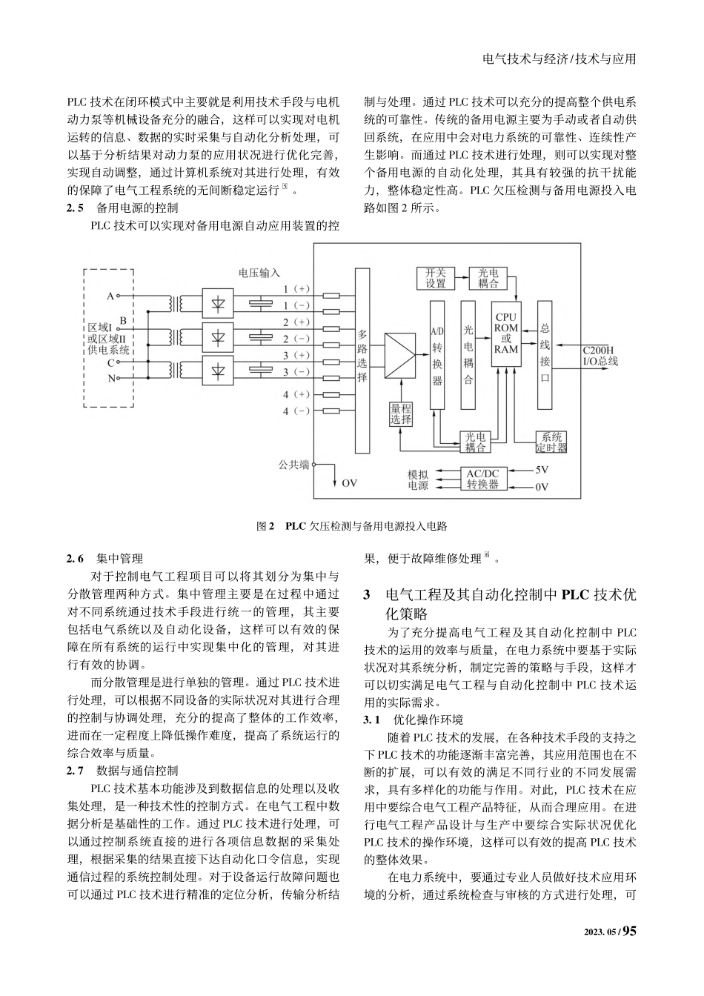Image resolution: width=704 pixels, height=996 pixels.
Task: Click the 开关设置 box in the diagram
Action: point(436,279)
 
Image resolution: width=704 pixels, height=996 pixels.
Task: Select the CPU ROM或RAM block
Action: point(506,333)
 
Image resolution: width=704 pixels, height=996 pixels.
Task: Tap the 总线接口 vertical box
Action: point(545,354)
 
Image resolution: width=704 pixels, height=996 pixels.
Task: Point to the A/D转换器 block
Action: point(437,354)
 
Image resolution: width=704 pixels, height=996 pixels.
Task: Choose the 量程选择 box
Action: point(401,414)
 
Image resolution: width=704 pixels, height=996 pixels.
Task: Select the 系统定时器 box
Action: point(551,442)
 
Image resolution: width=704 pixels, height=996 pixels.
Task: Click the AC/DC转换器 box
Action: point(482,479)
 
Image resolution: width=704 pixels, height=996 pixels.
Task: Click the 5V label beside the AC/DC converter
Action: point(542,469)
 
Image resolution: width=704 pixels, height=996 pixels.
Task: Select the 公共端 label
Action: point(293,465)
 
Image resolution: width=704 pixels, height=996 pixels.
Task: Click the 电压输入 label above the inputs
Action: point(259,273)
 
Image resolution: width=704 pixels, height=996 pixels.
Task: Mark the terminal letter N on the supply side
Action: point(111,378)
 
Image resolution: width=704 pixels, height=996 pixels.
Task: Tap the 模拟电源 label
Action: point(418,479)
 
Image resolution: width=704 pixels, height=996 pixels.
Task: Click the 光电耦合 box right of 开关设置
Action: point(488,279)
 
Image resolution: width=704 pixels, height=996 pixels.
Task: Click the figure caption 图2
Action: point(265,526)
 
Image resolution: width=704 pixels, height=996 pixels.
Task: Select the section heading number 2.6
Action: point(76,559)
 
